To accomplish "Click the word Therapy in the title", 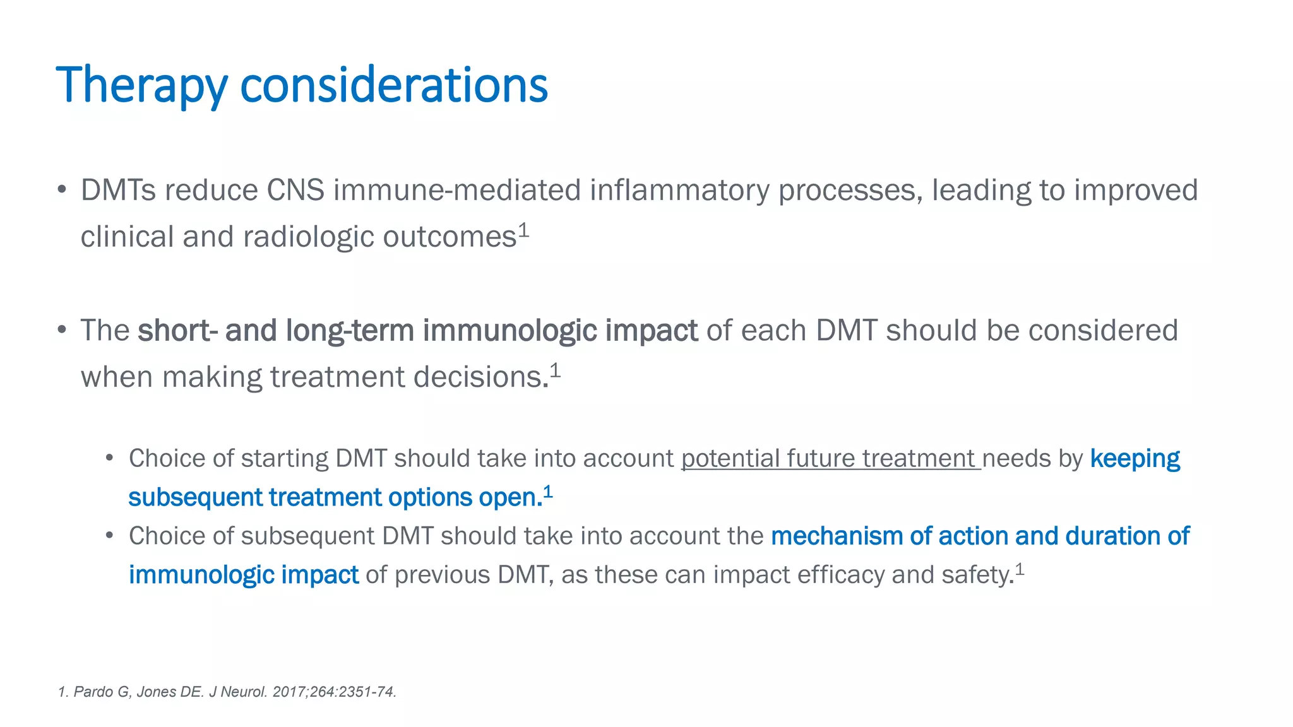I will click(x=141, y=85).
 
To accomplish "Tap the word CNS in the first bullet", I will click(x=295, y=190).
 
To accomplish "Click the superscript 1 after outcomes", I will click(x=523, y=231).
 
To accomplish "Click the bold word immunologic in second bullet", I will click(x=509, y=330).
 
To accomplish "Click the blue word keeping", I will click(x=1135, y=458).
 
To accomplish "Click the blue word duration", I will click(x=1112, y=536).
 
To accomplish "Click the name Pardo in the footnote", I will click(x=93, y=692).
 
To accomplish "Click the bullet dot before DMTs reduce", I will click(x=61, y=189).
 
